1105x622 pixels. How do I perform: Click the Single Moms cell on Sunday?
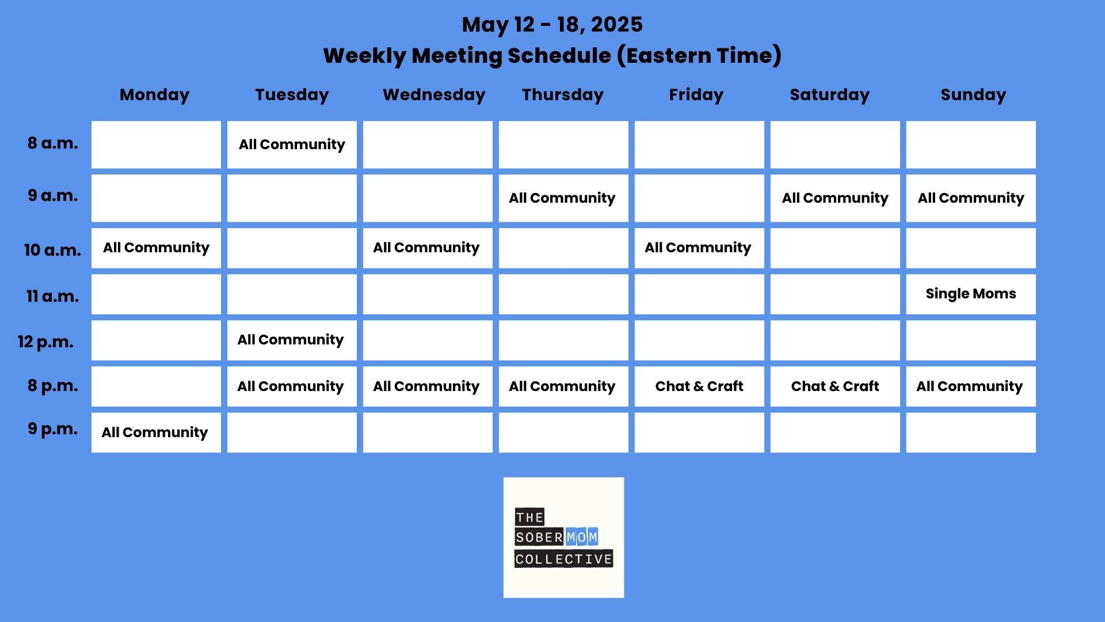point(971,294)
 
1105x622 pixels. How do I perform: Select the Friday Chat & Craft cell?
point(699,386)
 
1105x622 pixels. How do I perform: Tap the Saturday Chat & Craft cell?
point(835,386)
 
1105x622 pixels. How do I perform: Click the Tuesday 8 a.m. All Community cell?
point(292,145)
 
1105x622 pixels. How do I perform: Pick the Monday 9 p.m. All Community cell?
point(156,433)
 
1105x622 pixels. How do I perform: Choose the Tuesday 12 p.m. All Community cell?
point(292,340)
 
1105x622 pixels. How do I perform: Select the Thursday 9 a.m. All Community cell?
point(563,198)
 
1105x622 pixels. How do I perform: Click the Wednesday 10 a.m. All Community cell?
point(428,248)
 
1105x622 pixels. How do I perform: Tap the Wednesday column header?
point(434,94)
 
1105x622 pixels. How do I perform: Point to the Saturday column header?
point(829,94)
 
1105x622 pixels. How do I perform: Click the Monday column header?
point(154,95)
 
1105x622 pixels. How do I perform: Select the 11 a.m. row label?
point(52,296)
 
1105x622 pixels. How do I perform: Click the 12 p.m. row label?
point(45,342)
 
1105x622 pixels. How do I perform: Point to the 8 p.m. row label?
point(52,385)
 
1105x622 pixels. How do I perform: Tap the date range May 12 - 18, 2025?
point(552,24)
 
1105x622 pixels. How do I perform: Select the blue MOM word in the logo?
point(582,537)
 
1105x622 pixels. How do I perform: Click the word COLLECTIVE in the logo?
point(563,559)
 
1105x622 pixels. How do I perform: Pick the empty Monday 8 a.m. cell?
point(156,145)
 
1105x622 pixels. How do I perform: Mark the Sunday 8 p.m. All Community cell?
point(971,386)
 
